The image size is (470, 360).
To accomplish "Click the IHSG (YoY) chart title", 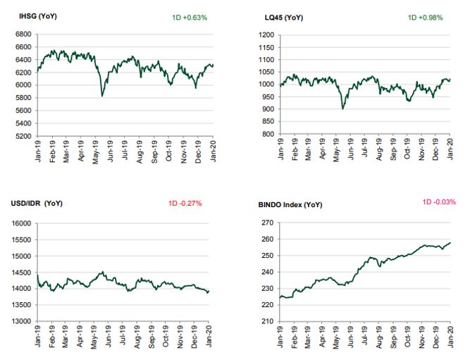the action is point(38,16).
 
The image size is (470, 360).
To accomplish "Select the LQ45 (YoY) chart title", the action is point(284,18).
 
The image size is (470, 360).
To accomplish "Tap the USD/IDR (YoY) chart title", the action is point(37,204).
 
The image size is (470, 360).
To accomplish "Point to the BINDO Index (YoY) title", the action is point(290,205).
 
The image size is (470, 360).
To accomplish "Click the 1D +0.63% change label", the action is point(190,18).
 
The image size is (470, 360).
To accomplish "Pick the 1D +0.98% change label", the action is point(426,18).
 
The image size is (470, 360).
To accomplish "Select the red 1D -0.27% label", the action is point(185,204).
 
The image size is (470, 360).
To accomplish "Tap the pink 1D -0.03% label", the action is point(439,202).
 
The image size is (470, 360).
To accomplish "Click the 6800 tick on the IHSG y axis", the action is point(23,35).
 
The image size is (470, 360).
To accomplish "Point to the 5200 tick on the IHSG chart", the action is point(23,136).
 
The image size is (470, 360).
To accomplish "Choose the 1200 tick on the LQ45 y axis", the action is point(266,35).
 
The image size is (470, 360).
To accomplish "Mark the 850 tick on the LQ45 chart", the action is point(268,121).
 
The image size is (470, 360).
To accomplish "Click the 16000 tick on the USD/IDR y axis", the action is point(21,223).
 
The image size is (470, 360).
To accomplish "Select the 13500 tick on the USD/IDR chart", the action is point(21,305).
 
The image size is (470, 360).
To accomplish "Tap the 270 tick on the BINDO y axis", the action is point(268,223).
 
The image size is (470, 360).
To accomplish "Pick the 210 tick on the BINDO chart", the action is point(268,321).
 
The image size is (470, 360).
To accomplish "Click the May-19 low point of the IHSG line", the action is point(102,96).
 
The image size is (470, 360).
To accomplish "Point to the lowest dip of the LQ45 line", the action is point(342,108).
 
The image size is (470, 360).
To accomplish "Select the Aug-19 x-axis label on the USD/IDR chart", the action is point(137,337).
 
